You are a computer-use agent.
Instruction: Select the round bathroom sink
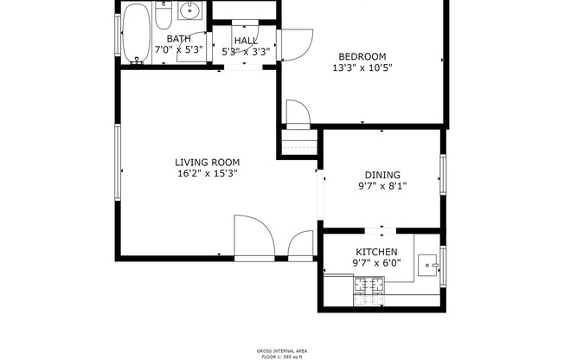pos(191,12)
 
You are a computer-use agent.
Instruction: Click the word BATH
pos(179,39)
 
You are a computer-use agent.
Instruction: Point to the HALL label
pos(246,40)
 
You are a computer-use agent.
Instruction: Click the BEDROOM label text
pos(361,56)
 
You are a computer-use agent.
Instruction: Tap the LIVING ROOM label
pos(207,162)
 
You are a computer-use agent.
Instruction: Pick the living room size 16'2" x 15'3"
pos(207,173)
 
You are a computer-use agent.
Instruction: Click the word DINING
pos(381,175)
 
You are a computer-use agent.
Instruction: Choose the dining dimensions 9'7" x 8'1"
pos(381,186)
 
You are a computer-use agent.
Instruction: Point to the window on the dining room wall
pos(442,177)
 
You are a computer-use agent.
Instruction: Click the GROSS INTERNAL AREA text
pos(282,350)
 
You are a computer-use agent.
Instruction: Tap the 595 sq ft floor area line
pos(282,356)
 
